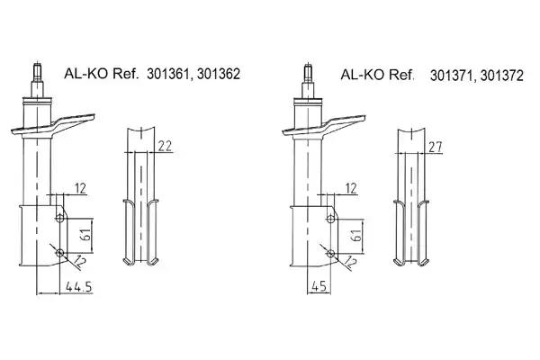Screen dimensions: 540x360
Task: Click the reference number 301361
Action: coord(167,74)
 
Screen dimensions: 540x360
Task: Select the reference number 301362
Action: coord(219,74)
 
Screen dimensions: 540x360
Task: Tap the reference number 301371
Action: coord(452,76)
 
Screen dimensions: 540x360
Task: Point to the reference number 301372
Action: coord(502,76)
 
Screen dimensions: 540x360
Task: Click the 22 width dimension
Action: coord(165,146)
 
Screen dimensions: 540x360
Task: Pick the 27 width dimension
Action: coord(436,147)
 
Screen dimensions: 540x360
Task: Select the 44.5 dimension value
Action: coord(79,286)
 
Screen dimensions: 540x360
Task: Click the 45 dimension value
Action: coord(319,286)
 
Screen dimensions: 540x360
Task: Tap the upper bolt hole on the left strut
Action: coord(60,218)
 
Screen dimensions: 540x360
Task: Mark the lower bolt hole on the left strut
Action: coord(60,253)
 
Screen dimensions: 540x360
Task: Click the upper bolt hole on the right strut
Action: coord(330,218)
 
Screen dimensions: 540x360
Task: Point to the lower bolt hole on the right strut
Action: coord(330,253)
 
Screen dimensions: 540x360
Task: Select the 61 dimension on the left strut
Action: coord(86,236)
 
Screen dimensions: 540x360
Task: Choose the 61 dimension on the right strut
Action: coord(357,236)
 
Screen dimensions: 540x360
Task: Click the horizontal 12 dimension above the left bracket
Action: coord(80,188)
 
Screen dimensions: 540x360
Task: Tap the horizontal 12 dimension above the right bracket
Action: coord(351,188)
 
